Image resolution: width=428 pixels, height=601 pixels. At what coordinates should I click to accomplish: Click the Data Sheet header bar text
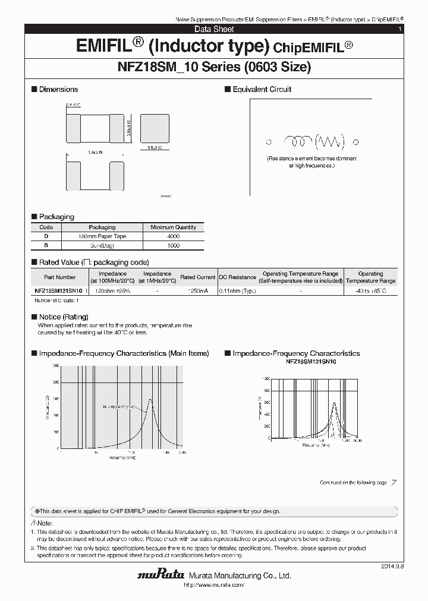click(214, 29)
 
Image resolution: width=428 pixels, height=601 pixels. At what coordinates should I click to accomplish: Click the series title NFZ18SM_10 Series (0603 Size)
click(214, 68)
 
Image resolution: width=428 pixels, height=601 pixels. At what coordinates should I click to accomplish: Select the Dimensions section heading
click(58, 90)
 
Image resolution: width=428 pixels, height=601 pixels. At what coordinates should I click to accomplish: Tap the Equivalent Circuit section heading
click(262, 90)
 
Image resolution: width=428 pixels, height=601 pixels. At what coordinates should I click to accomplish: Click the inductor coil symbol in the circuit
click(298, 141)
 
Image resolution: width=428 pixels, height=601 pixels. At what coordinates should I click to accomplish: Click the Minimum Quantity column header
click(173, 227)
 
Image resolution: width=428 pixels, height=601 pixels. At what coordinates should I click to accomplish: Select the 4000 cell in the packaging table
click(173, 236)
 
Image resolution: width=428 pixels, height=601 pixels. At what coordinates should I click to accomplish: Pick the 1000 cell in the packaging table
click(173, 245)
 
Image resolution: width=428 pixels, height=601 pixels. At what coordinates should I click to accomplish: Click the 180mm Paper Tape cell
click(102, 236)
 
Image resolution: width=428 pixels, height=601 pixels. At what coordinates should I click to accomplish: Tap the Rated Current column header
click(197, 277)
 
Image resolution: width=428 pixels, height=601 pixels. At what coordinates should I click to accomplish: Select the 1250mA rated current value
click(197, 291)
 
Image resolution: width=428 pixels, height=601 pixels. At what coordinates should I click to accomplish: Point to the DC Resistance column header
click(237, 277)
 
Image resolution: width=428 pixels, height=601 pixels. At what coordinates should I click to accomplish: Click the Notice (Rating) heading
click(63, 317)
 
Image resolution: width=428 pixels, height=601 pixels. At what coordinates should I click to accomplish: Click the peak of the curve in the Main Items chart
click(150, 399)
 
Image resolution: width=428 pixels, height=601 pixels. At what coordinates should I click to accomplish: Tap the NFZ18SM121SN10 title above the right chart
click(311, 362)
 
